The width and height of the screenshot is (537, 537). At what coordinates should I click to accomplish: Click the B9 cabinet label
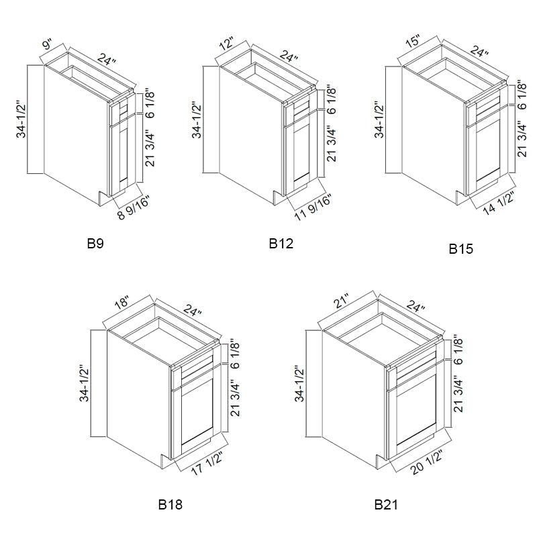[x=95, y=244]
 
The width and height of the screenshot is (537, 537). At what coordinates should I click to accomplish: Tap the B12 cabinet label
[x=281, y=244]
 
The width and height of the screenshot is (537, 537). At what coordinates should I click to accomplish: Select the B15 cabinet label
[x=461, y=249]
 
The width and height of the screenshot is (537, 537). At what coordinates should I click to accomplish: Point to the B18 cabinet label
[x=170, y=505]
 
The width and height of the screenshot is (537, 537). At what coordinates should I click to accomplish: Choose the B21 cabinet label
[x=386, y=505]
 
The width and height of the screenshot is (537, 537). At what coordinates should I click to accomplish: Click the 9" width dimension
[x=48, y=45]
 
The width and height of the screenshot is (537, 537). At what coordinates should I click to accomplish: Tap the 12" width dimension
[x=226, y=44]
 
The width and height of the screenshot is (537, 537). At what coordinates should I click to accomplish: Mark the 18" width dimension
[x=121, y=303]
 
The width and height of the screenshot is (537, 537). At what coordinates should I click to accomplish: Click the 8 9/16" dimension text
[x=134, y=209]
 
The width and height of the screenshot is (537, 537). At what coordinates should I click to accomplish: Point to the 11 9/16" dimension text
[x=313, y=207]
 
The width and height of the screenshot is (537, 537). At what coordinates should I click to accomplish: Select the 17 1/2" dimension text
[x=207, y=463]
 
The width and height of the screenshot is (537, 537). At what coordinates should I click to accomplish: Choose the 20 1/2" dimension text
[x=427, y=462]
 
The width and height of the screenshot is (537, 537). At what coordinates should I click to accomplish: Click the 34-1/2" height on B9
[x=21, y=119]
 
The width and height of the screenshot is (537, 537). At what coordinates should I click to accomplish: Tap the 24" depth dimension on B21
[x=415, y=305]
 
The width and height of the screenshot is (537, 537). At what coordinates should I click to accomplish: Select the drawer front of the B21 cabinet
[x=416, y=371]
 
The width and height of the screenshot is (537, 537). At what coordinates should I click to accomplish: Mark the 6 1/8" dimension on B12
[x=331, y=99]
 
